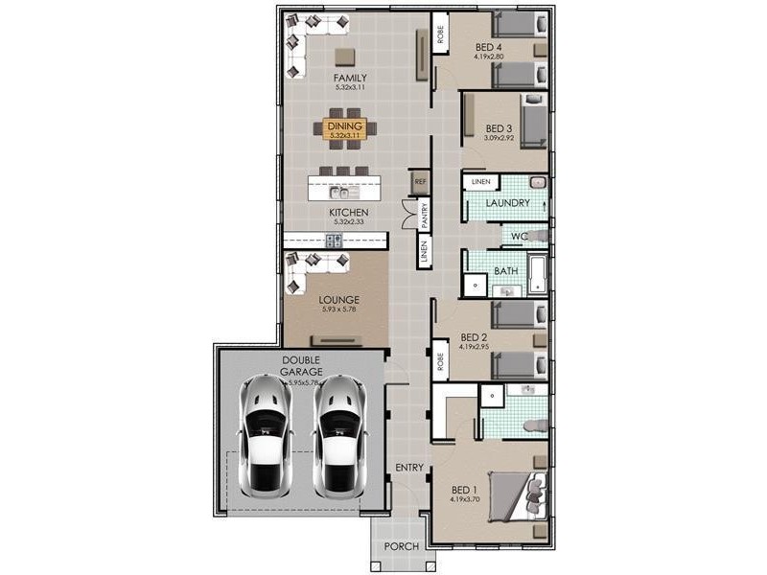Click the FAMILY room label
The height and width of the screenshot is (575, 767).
pos(350,78)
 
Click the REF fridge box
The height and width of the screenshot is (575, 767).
pos(420,180)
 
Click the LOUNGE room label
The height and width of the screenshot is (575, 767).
pos(338,300)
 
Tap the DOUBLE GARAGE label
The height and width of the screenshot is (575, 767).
pos(301,366)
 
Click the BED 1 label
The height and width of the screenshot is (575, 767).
pos(466,487)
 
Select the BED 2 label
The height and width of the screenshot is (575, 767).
pos(475,337)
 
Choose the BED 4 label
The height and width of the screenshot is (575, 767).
pos(490,46)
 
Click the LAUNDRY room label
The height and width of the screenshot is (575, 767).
pos(507,203)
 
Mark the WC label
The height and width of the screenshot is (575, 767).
pos(519,236)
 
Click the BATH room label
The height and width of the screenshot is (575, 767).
pos(505,271)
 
